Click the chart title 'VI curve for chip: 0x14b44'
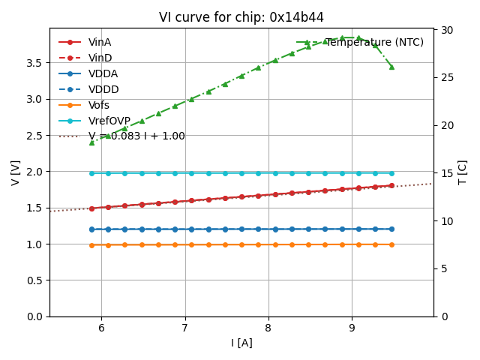[x=241, y=17]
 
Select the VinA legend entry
[x=103, y=42]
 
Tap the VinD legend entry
[x=103, y=58]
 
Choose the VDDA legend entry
[x=103, y=73]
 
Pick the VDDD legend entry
[x=103, y=89]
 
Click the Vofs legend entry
[x=103, y=105]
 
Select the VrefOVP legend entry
[x=109, y=121]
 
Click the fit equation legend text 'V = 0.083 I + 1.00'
[x=136, y=136]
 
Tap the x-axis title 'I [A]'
[x=241, y=343]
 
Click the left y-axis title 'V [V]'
[x=16, y=172]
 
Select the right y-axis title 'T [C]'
[x=462, y=172]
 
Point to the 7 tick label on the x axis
[x=185, y=328]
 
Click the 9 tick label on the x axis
[x=352, y=328]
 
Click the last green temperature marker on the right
[x=391, y=67]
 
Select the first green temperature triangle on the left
[x=91, y=142]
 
